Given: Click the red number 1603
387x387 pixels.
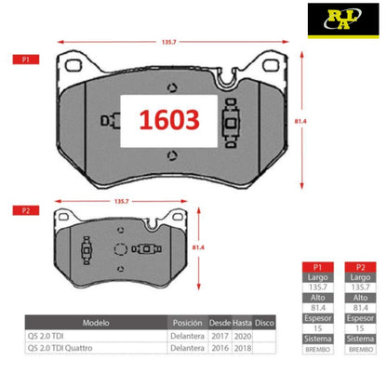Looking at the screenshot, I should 169,120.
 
